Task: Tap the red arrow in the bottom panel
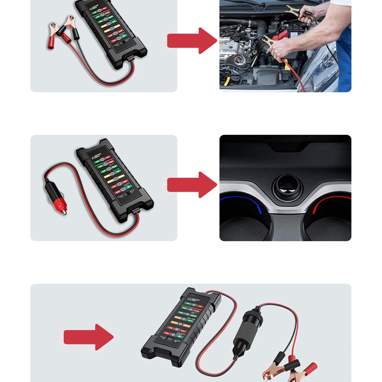pyautogui.click(x=88, y=337)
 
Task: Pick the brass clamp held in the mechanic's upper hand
pyautogui.click(x=293, y=10)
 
